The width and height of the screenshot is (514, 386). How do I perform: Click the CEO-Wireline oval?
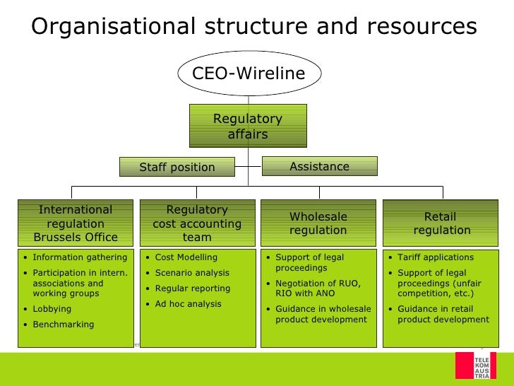point(249,74)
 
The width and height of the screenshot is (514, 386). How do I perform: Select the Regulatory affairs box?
point(248,126)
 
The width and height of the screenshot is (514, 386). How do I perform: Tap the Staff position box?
point(177,168)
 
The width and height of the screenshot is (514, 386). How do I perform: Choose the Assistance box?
point(319,166)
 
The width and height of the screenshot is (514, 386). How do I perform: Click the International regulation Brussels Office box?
point(75,223)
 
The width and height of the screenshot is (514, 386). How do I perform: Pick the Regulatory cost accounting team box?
point(197,223)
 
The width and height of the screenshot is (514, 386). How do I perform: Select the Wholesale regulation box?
point(318,223)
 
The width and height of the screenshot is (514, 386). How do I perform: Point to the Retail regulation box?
point(440,223)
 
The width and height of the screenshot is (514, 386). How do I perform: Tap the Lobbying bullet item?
point(52,309)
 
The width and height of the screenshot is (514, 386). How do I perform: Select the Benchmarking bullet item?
point(63,324)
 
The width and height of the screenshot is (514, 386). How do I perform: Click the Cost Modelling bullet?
point(186,257)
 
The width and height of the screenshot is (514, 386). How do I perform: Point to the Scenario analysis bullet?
point(191,273)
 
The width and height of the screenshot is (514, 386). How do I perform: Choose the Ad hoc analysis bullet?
point(188,304)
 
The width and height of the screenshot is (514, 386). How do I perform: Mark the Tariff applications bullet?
point(436,257)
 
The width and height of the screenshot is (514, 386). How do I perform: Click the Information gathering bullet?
point(80,257)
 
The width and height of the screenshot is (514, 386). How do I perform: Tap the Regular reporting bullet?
point(192,288)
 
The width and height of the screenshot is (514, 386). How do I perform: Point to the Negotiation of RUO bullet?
point(318,288)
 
